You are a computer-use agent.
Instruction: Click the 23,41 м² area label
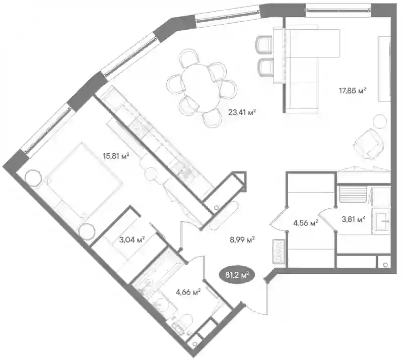coord(242,112)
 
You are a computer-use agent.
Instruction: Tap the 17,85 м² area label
coord(352,91)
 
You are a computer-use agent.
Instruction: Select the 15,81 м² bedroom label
coord(116,156)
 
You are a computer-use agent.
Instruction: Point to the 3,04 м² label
coord(132,240)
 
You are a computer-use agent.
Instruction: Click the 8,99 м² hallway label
coord(242,240)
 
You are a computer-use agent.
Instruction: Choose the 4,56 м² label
coord(306,223)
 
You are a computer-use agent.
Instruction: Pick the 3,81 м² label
coord(353,219)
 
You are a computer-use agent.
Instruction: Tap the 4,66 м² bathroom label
coord(188,292)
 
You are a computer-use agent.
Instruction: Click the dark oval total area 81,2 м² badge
coord(236,275)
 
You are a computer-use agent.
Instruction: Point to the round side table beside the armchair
coord(380,121)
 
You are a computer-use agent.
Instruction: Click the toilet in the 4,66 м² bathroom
coord(185,322)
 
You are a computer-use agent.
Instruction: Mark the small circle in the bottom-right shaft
coord(385,265)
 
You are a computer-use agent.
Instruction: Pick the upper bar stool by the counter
coord(263,44)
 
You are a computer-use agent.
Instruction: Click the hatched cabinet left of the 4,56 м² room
coord(279,251)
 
